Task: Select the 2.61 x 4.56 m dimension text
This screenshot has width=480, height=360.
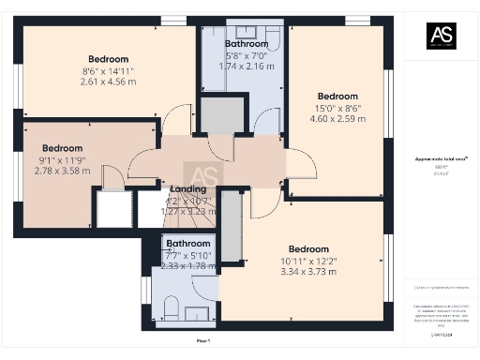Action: tap(108, 82)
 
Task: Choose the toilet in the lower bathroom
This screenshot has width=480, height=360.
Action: tap(171, 307)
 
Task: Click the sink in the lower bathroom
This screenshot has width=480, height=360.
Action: tap(199, 312)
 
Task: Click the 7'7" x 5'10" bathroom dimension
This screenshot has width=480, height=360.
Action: tap(188, 254)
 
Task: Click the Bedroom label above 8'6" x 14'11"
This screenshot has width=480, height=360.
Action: tap(108, 58)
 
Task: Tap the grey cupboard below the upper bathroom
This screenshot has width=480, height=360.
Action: tap(222, 116)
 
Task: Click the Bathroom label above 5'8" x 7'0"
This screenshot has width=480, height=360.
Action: tap(247, 43)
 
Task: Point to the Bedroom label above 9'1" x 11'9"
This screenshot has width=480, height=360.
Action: tap(63, 148)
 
